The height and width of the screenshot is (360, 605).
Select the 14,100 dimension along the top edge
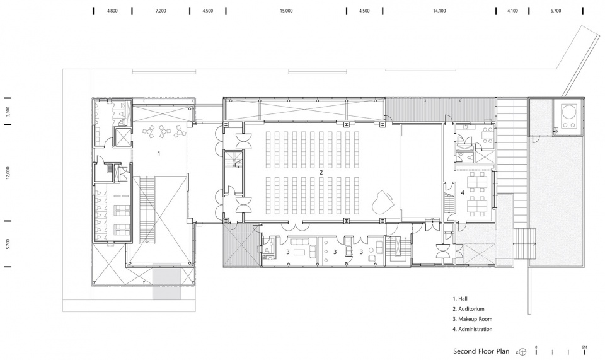(x=439, y=11)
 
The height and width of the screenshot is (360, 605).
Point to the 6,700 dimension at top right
(x=555, y=11)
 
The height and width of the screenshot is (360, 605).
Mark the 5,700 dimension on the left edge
(x=6, y=243)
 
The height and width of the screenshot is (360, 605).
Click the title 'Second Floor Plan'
(x=481, y=351)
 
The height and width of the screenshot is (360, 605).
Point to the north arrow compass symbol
(x=522, y=352)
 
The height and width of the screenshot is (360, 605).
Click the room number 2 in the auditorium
(x=321, y=172)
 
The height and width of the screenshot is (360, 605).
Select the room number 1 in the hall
(x=159, y=153)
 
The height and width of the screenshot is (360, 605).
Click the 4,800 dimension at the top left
(x=113, y=11)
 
